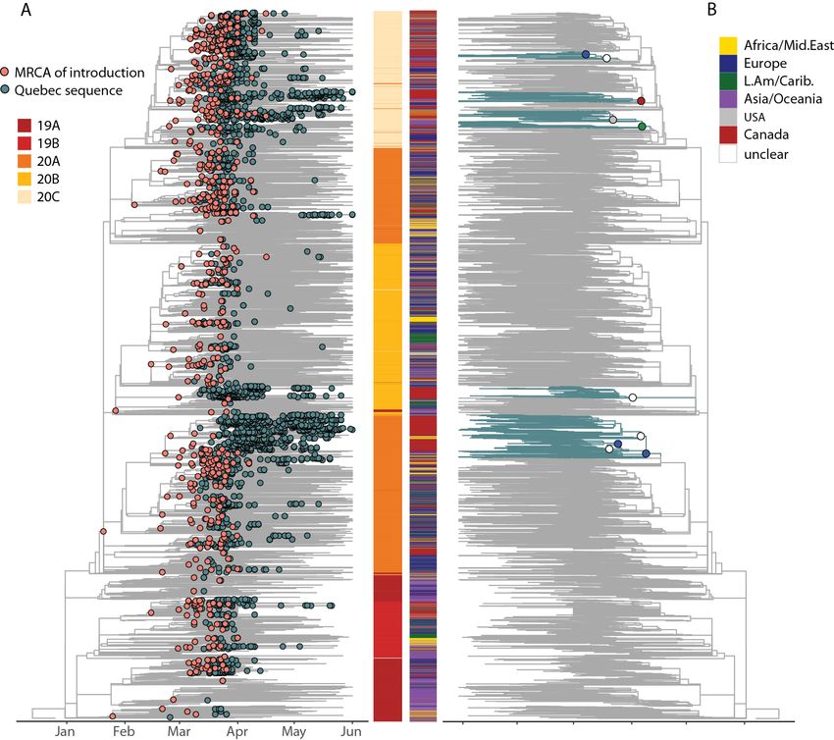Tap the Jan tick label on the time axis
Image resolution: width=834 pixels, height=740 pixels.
(66, 730)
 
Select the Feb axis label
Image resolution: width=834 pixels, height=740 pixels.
(124, 730)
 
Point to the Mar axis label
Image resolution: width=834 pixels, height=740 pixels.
(179, 730)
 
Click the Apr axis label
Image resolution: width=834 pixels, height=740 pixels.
(236, 730)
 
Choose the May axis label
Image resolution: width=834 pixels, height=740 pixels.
(293, 730)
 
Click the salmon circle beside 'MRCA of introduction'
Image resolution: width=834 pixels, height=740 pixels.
(6, 73)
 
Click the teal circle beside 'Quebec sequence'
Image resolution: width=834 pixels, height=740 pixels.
(6, 90)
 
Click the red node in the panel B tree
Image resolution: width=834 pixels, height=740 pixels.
(641, 101)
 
